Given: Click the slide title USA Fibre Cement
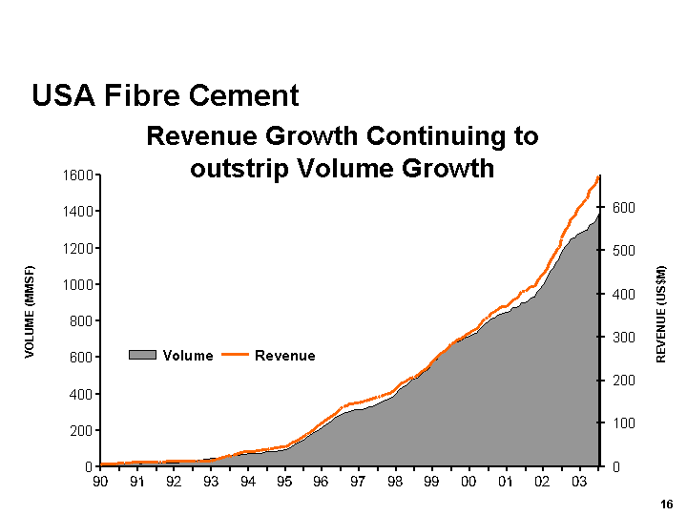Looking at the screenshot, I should [x=165, y=95].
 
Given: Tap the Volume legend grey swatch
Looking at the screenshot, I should [x=143, y=356].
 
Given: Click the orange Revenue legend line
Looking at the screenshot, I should [x=236, y=356].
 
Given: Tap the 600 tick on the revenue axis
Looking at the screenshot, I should [x=618, y=207].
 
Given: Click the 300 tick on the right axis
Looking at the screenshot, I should [x=618, y=337].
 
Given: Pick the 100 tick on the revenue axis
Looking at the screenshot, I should [x=618, y=423].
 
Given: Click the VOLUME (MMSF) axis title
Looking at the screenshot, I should [x=30, y=311].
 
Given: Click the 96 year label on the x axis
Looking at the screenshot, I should [x=321, y=483].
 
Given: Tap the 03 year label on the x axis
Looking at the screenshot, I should [x=579, y=483].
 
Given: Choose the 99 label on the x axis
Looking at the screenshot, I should [x=431, y=483].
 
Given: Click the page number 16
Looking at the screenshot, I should [x=666, y=505].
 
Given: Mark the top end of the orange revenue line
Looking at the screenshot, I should [x=598, y=176].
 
